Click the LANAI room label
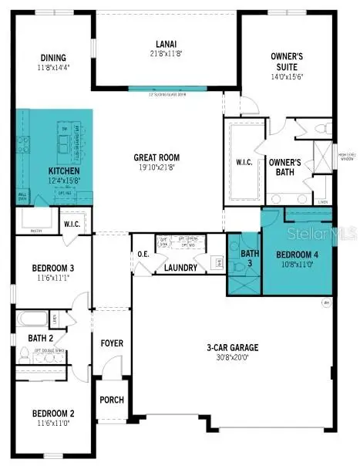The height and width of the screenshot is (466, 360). coord(165,44)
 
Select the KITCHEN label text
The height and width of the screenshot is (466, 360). coord(64,171)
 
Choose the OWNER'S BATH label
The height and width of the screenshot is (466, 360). coord(284,167)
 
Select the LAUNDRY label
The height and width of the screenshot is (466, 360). coord(180,268)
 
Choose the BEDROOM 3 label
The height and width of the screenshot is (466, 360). coord(52,268)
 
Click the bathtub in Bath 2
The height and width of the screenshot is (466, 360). coord(33,319)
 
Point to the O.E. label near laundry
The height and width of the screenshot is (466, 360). coord(143,255)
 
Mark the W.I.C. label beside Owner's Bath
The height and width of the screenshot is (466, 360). coord(244,163)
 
